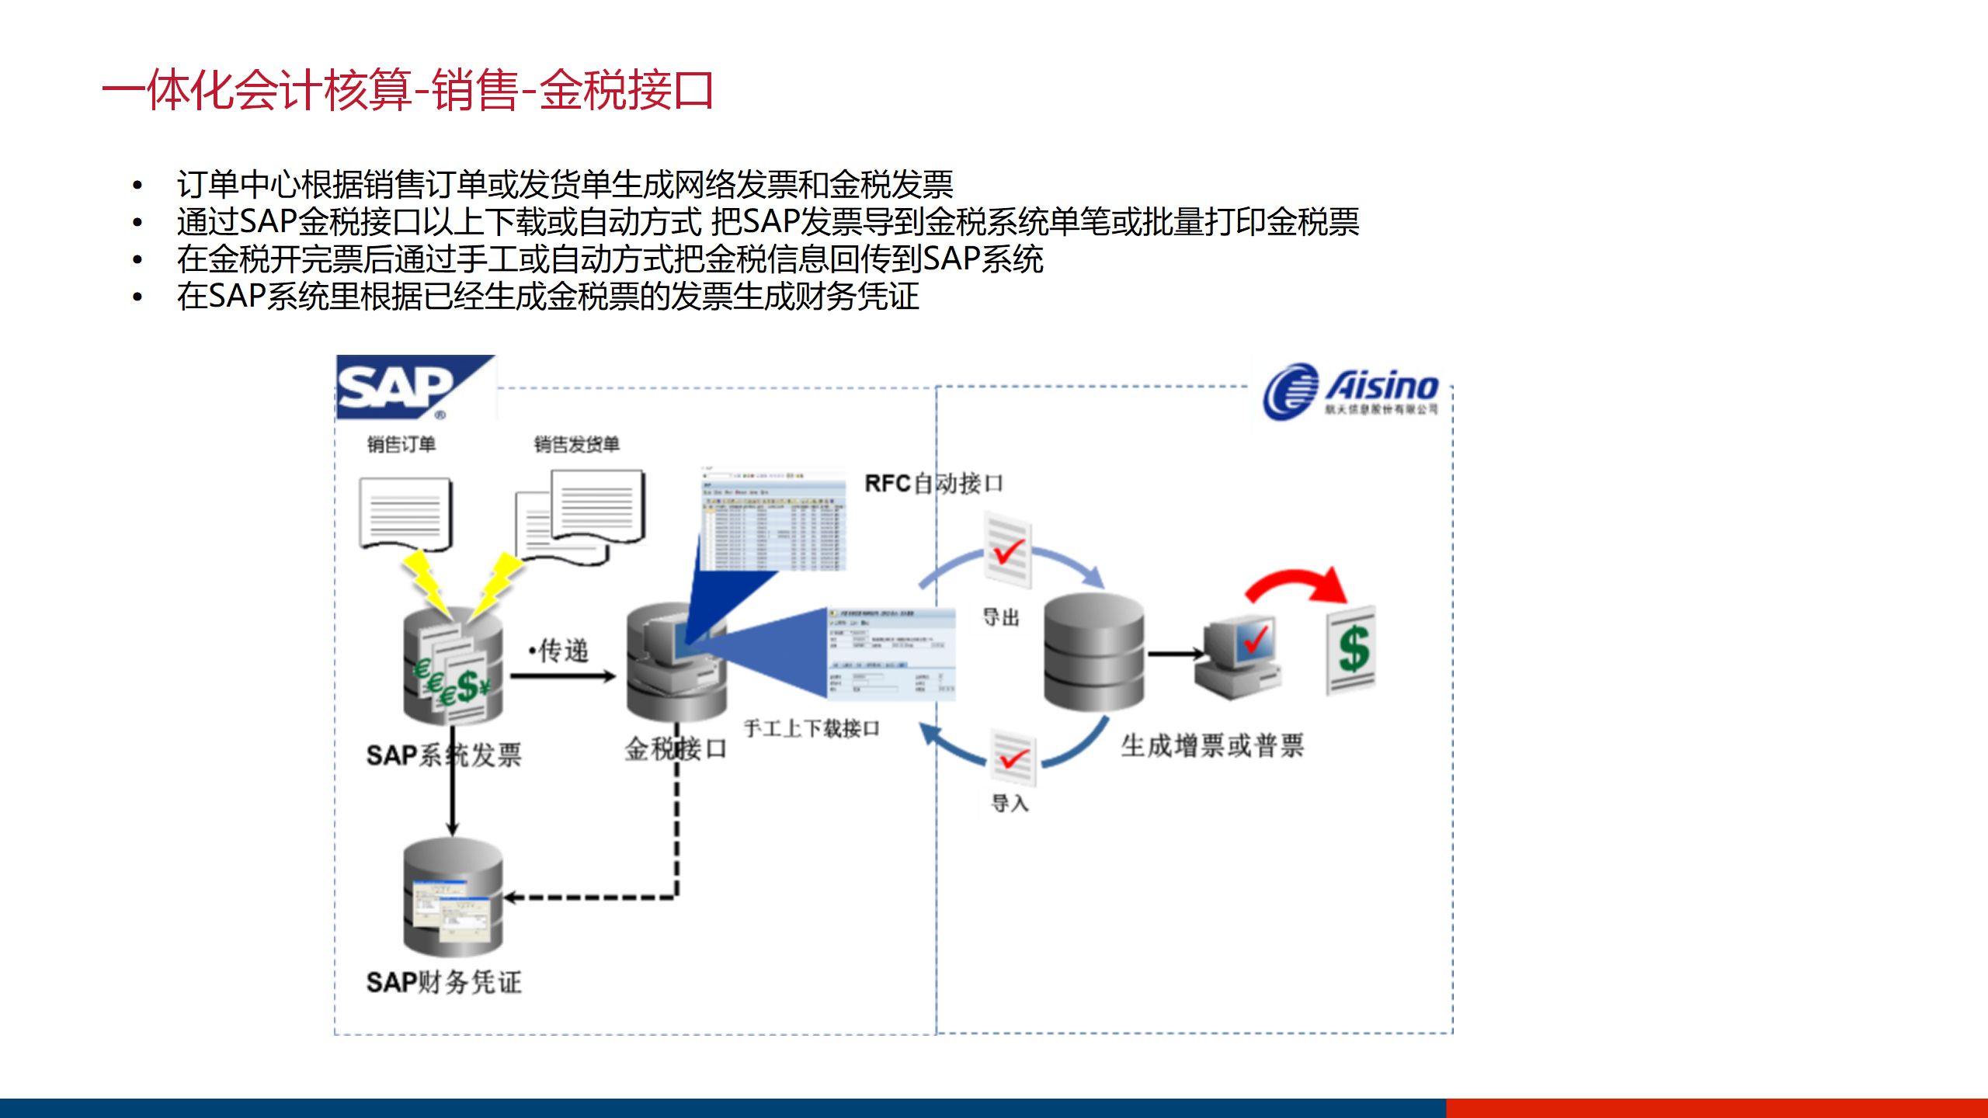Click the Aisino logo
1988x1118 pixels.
pos(1351,391)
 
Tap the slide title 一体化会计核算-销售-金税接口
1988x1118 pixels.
pos(408,90)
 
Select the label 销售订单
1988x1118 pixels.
pos(401,444)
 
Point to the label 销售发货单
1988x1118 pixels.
pos(576,444)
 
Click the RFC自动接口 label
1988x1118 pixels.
pos(933,484)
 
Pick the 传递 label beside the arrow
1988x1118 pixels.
pos(561,651)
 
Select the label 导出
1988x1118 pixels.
pos(1001,618)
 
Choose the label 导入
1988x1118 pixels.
pos(1010,803)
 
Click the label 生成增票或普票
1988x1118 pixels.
pos(1212,746)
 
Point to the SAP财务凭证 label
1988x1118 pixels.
pos(444,982)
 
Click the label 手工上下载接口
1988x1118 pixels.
pos(812,728)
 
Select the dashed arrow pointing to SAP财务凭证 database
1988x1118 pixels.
pos(590,898)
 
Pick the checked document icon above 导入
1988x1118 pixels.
pos(1013,757)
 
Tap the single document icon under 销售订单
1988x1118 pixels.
pos(405,513)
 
